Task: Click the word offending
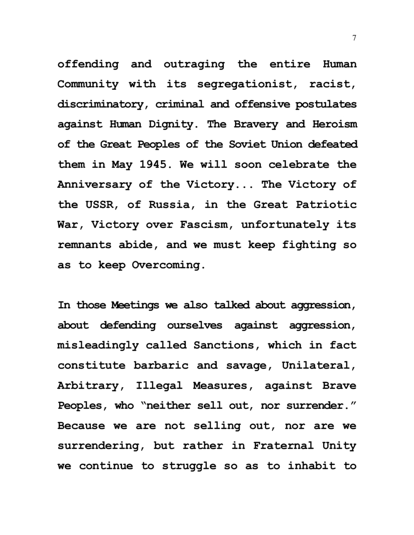(88, 64)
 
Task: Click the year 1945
(152, 164)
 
